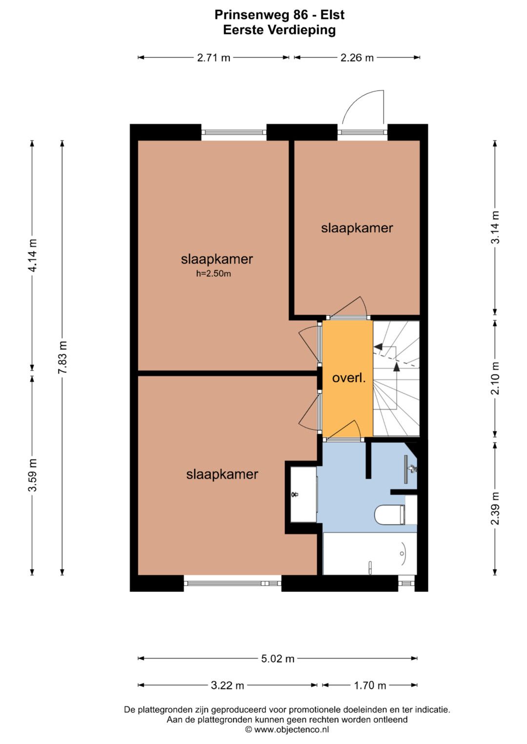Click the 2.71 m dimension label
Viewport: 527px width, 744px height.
click(x=214, y=58)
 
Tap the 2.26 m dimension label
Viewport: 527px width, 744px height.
click(x=357, y=58)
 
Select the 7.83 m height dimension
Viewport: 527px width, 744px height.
click(x=62, y=357)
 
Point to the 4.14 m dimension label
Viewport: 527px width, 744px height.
click(x=33, y=255)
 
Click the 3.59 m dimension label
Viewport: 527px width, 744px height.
click(x=33, y=475)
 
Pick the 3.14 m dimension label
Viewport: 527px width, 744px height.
click(x=495, y=227)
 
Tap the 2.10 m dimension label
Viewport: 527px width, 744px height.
click(x=495, y=378)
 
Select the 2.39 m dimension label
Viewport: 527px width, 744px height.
click(x=495, y=508)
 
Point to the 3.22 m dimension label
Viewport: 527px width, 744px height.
click(x=227, y=685)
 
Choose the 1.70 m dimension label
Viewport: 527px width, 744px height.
click(x=370, y=685)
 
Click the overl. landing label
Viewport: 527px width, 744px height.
click(x=349, y=378)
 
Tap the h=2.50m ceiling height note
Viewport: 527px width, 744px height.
click(x=214, y=274)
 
